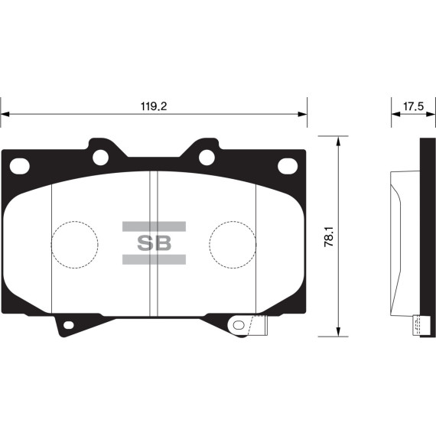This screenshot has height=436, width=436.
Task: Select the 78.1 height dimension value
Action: click(328, 237)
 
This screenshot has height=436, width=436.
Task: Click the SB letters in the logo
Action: click(154, 243)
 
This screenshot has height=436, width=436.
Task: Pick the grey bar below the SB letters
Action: click(154, 260)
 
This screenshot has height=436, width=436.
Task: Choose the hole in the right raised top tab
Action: click(207, 157)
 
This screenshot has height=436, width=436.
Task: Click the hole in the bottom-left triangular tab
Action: click(68, 327)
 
